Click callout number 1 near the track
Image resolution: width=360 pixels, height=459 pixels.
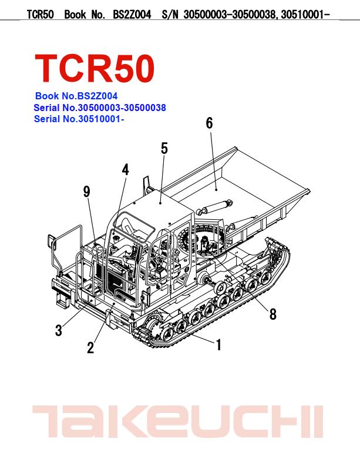click(x=218, y=344)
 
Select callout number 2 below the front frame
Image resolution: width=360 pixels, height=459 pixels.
click(x=90, y=348)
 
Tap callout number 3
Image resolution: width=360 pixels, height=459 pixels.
click(x=59, y=330)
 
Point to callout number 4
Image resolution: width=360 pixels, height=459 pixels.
click(x=125, y=169)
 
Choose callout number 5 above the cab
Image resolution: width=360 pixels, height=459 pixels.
click(x=164, y=149)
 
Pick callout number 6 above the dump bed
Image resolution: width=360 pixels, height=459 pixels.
click(x=210, y=123)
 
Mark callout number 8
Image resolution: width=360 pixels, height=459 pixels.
click(x=272, y=314)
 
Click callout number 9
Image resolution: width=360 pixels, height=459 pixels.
click(x=86, y=192)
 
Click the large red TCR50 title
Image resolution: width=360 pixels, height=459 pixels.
click(x=95, y=69)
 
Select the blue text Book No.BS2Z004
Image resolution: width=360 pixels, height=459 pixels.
click(x=76, y=96)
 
